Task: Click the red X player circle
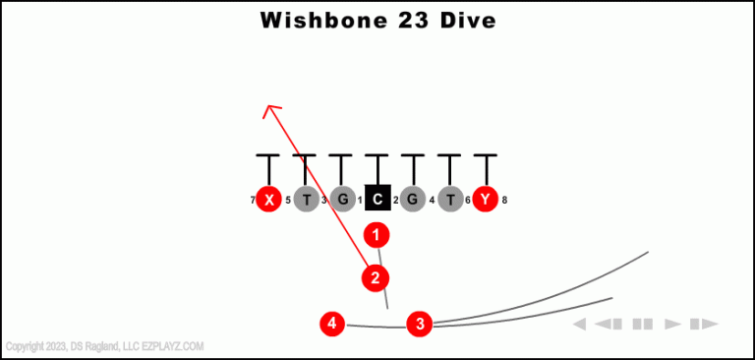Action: (268, 200)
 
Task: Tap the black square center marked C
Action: (377, 200)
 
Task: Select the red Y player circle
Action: (485, 200)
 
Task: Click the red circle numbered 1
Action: (377, 235)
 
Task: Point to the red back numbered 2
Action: (375, 278)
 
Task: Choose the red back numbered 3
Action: (420, 323)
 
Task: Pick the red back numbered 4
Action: (333, 323)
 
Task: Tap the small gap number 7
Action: (253, 201)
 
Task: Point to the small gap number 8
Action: (504, 201)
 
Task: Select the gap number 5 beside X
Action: (287, 201)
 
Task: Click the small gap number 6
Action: (468, 201)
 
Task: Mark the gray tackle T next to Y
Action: (450, 200)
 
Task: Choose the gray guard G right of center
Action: (412, 200)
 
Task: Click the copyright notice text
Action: (104, 346)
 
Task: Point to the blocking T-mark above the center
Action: (377, 157)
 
